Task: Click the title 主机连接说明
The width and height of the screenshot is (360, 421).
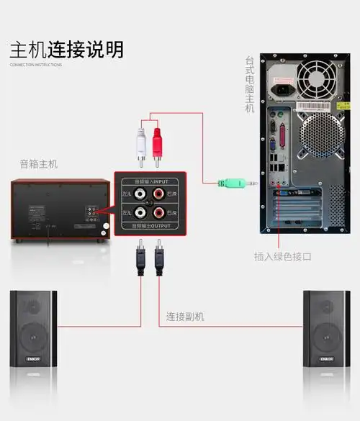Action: point(66,49)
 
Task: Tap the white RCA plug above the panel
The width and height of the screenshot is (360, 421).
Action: point(141,144)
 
